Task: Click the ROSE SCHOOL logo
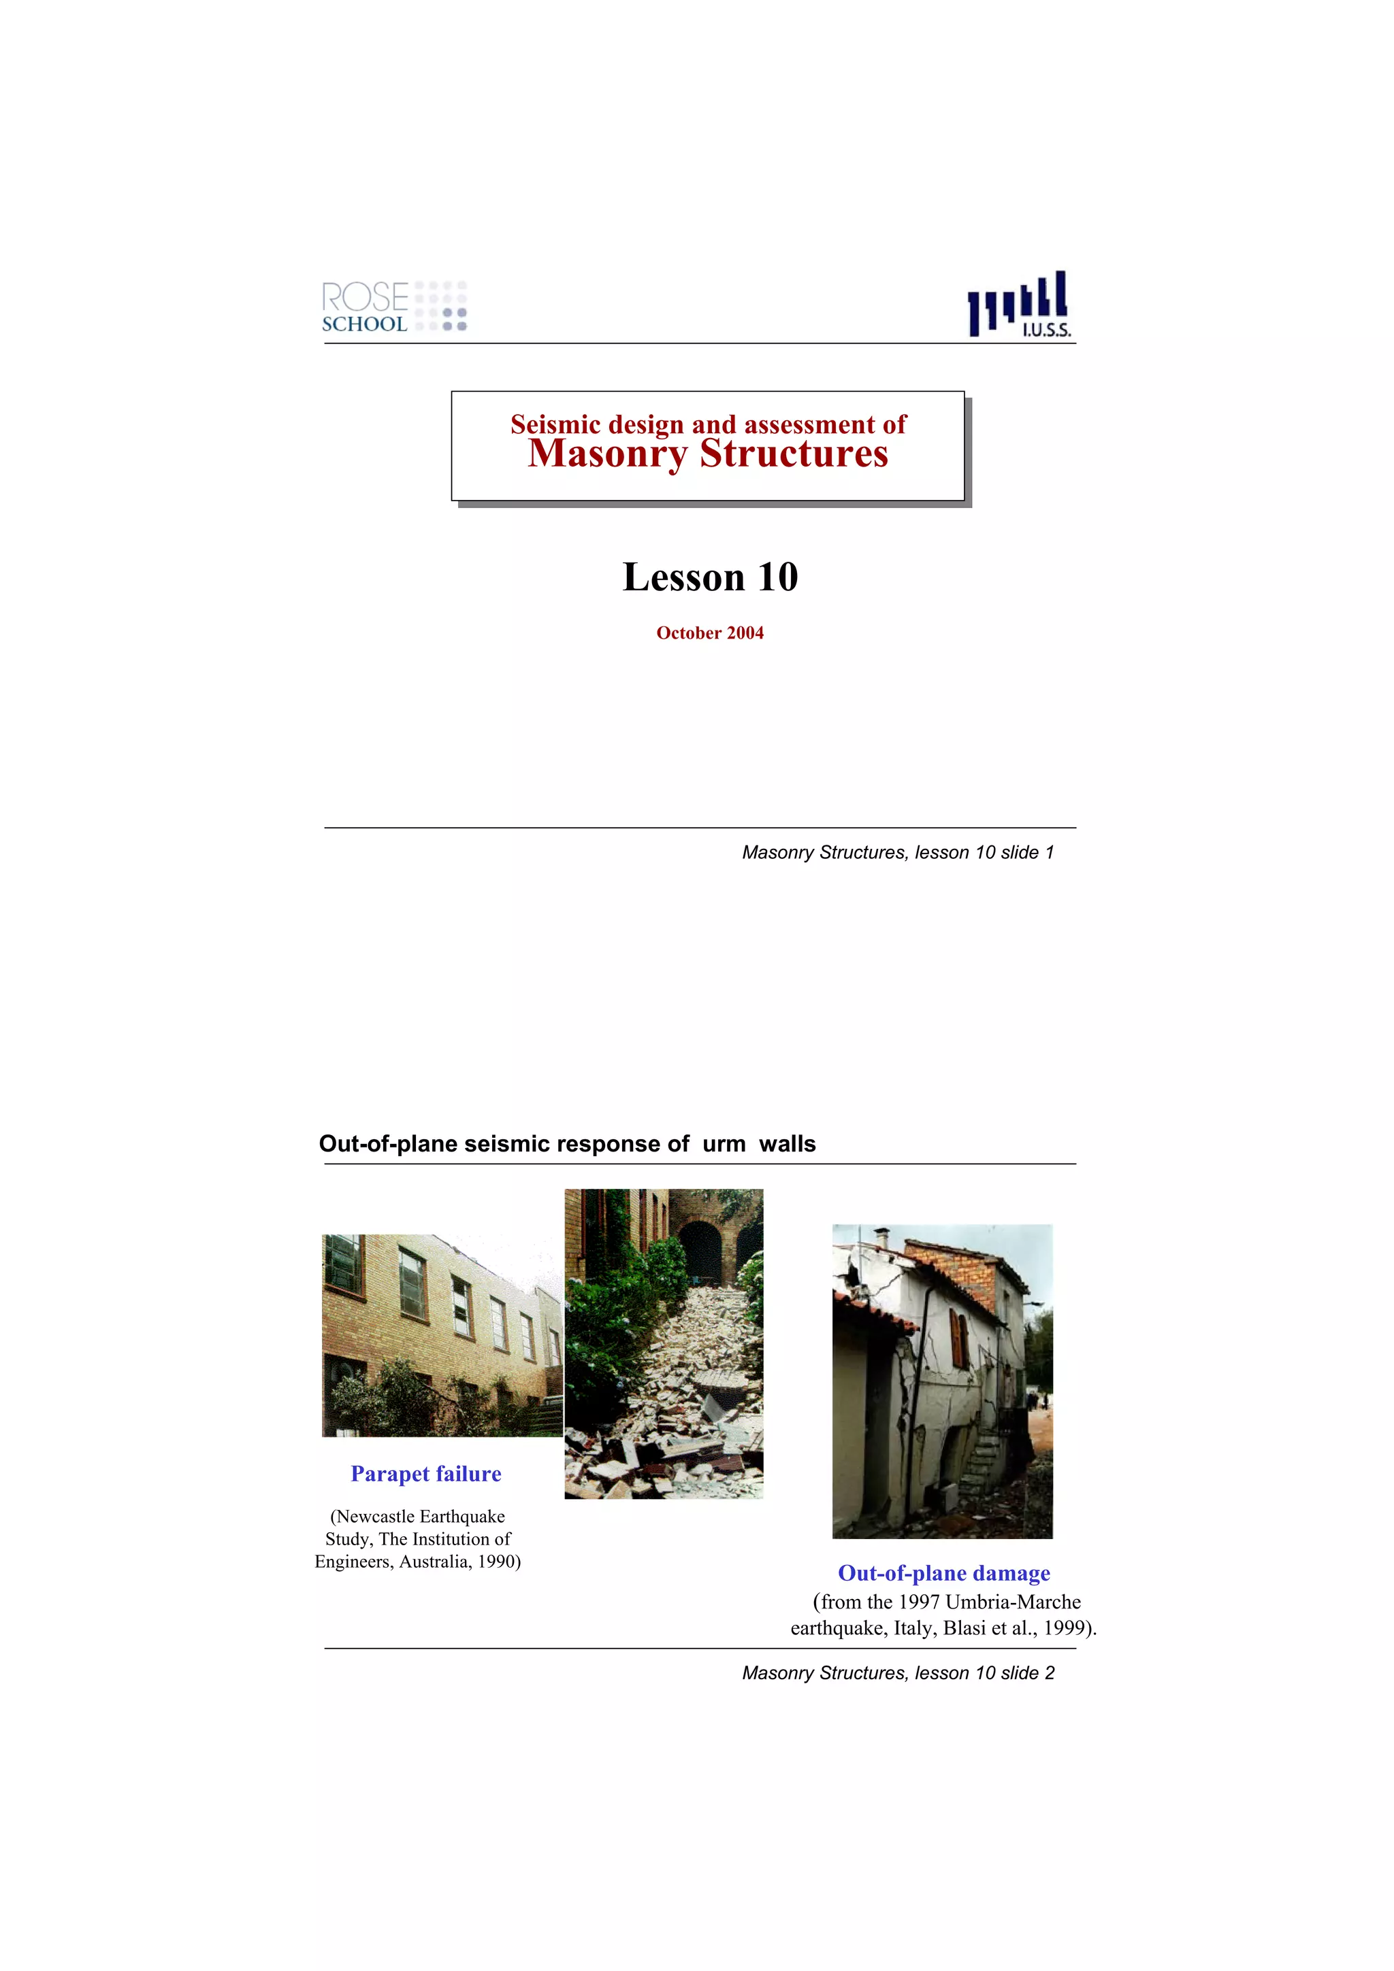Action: [393, 307]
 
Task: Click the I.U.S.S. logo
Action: [1020, 305]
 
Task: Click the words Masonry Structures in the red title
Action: [708, 454]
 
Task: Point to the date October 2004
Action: [709, 633]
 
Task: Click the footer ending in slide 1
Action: [898, 852]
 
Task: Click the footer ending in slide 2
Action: [898, 1673]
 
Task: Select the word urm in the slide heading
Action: [723, 1145]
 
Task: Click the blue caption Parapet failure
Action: [425, 1474]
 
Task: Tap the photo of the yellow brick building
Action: [442, 1335]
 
